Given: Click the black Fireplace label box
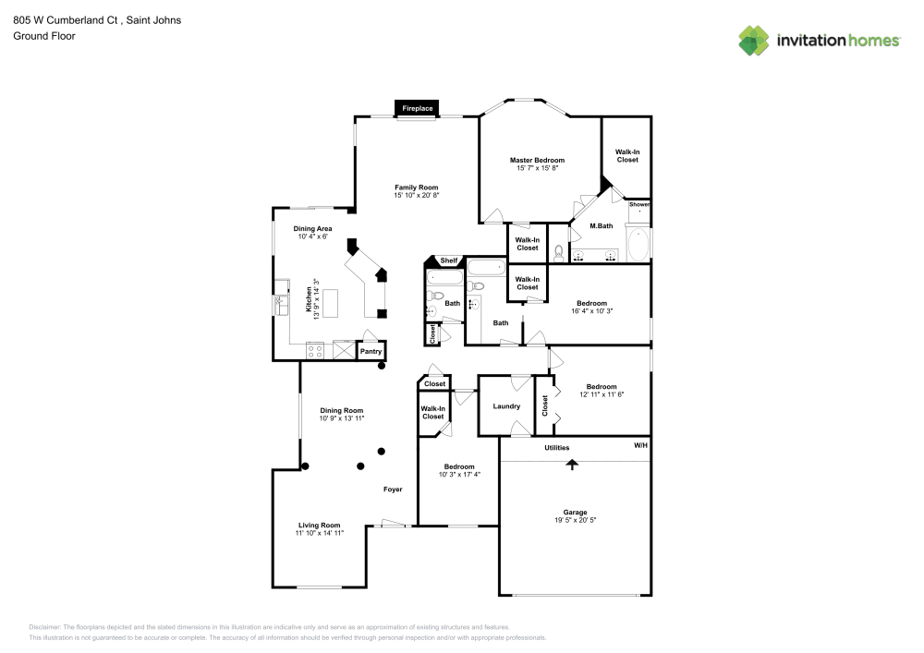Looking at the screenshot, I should [x=417, y=109].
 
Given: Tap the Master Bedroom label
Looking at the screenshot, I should [x=537, y=160].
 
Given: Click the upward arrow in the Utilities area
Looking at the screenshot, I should [x=572, y=464].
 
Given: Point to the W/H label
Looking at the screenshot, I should [x=640, y=446].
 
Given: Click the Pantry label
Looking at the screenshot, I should [x=371, y=351].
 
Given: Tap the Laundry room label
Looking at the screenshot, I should [x=506, y=406].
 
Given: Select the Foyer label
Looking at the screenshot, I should [x=393, y=489].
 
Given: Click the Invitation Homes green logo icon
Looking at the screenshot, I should [x=754, y=40].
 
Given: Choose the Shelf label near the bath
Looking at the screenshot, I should [x=449, y=261].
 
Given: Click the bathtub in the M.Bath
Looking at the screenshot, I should [x=638, y=245].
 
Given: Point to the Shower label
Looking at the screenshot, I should [x=639, y=204].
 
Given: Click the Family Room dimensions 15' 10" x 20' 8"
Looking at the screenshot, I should [x=416, y=195].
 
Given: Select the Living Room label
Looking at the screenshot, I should [x=319, y=525].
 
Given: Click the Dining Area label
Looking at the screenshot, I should [x=312, y=228].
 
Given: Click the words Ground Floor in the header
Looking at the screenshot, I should [x=44, y=36].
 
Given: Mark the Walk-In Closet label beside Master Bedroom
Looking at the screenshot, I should [x=627, y=155].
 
